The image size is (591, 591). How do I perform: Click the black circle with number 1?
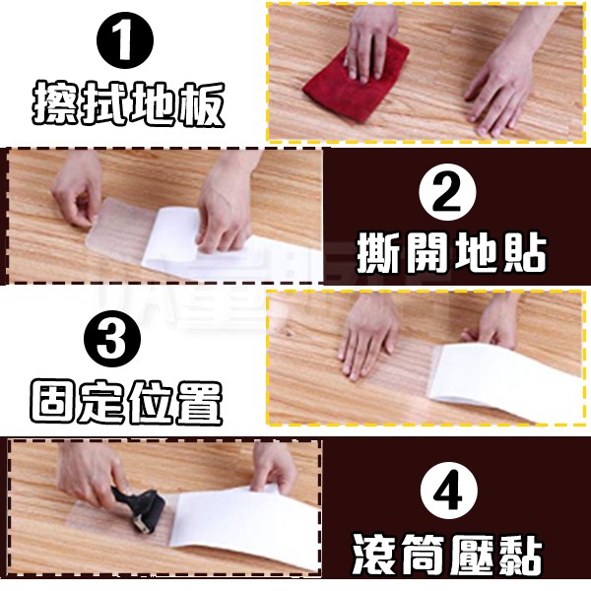(125, 40)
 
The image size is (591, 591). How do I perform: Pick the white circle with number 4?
(448, 491)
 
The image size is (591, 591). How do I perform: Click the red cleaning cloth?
(357, 81)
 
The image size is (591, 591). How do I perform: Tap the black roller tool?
(140, 507)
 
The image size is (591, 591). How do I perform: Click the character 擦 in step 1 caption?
(55, 102)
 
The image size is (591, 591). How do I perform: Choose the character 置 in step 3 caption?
(199, 403)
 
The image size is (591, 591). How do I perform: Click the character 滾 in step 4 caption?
(376, 554)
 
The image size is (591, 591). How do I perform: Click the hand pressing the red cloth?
(369, 41)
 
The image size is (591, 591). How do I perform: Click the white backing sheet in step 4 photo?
(245, 528)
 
